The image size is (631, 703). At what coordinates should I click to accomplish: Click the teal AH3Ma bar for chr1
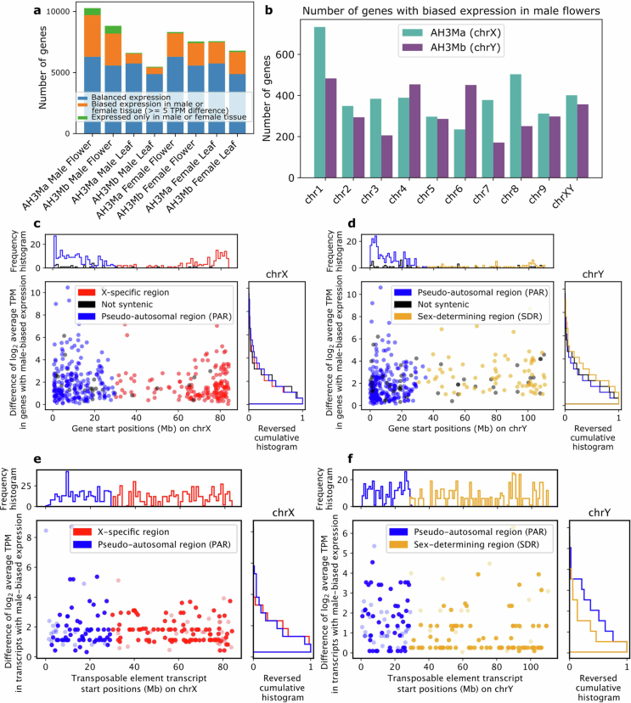(x=319, y=102)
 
